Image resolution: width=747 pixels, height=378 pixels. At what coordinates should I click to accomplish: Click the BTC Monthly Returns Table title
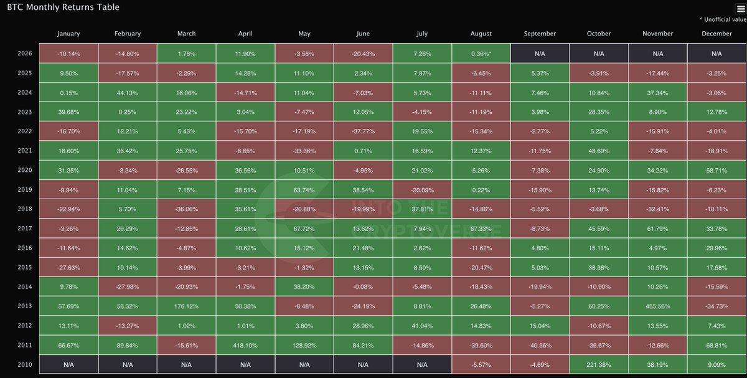[x=63, y=7]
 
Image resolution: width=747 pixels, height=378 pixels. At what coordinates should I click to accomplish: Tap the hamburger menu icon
[x=741, y=9]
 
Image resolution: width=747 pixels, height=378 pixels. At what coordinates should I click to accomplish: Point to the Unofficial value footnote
[x=723, y=20]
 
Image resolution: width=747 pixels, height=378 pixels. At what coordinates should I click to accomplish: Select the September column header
[x=540, y=34]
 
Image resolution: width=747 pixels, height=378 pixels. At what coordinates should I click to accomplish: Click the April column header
[x=245, y=34]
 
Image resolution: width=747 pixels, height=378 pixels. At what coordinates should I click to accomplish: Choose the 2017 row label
[x=25, y=229]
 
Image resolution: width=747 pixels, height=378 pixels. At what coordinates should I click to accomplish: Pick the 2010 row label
[x=25, y=365]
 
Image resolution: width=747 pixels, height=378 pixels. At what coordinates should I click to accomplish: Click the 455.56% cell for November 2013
[x=657, y=306]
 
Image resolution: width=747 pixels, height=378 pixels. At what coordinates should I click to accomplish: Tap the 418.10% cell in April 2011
[x=245, y=345]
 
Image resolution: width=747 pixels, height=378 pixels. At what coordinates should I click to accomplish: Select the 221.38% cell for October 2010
[x=599, y=365]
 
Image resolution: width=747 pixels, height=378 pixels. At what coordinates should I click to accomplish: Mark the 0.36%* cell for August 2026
[x=481, y=54]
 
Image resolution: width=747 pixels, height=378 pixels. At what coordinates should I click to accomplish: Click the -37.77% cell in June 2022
[x=363, y=131]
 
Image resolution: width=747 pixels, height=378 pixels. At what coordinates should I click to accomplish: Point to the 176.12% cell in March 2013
[x=186, y=306]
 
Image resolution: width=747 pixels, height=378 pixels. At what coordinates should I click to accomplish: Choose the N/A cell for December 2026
[x=716, y=54]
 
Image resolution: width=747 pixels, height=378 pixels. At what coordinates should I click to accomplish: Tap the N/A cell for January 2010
[x=68, y=365]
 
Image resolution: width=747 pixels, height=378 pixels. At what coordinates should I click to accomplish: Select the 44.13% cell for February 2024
[x=128, y=93]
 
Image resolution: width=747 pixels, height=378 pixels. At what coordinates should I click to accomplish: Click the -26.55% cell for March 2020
[x=186, y=171]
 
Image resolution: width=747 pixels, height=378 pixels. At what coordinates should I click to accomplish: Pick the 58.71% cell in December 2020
[x=716, y=171]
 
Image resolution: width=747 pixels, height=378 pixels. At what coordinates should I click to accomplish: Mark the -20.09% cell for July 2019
[x=422, y=190]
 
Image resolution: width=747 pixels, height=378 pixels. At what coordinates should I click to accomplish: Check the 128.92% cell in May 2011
[x=304, y=345]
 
